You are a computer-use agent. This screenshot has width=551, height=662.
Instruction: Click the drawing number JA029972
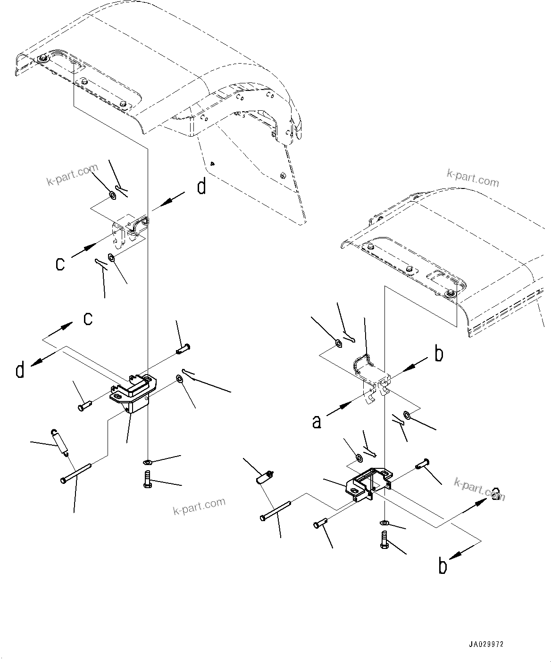pos(485,644)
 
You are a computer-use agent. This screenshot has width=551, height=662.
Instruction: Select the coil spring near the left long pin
pos(59,443)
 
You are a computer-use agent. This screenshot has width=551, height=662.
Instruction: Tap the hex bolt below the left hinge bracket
pos(147,479)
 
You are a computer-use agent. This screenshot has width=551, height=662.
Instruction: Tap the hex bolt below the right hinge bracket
pos(383,539)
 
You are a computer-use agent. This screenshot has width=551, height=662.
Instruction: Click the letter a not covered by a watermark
pos(317,421)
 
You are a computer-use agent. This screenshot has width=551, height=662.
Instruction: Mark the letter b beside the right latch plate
pos(439,354)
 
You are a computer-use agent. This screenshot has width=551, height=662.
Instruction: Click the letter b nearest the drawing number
pos(442,566)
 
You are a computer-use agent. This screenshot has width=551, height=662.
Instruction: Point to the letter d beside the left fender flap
pos(201,187)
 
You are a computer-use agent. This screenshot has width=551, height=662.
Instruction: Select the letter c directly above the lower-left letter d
pos(88,319)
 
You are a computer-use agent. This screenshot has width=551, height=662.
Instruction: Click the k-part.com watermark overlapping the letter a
pos(479,490)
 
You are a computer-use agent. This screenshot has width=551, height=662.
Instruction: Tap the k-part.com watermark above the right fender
pos(473,179)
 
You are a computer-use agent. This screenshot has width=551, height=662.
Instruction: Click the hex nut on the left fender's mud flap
pos(282,176)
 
